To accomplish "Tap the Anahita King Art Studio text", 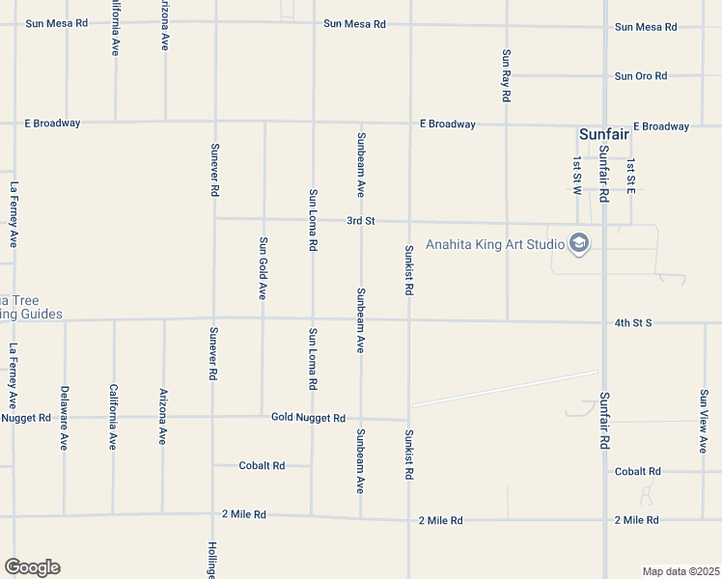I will [x=495, y=244].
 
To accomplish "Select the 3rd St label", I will [x=361, y=221].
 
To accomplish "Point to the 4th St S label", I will [x=633, y=322].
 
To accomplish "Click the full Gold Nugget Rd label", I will [x=308, y=418].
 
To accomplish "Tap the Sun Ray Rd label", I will [x=506, y=76].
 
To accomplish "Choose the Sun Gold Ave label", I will [x=263, y=268].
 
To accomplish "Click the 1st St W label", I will [x=575, y=175].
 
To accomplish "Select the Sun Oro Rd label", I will [x=642, y=76].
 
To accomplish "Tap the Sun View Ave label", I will [x=704, y=421].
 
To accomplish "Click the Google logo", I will [x=32, y=567].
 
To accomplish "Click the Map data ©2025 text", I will [x=680, y=571].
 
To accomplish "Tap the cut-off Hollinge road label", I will [x=211, y=560].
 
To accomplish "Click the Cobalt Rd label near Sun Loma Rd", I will [x=263, y=465].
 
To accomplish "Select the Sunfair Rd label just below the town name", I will [x=604, y=174].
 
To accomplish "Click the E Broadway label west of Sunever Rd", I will [x=53, y=124].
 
